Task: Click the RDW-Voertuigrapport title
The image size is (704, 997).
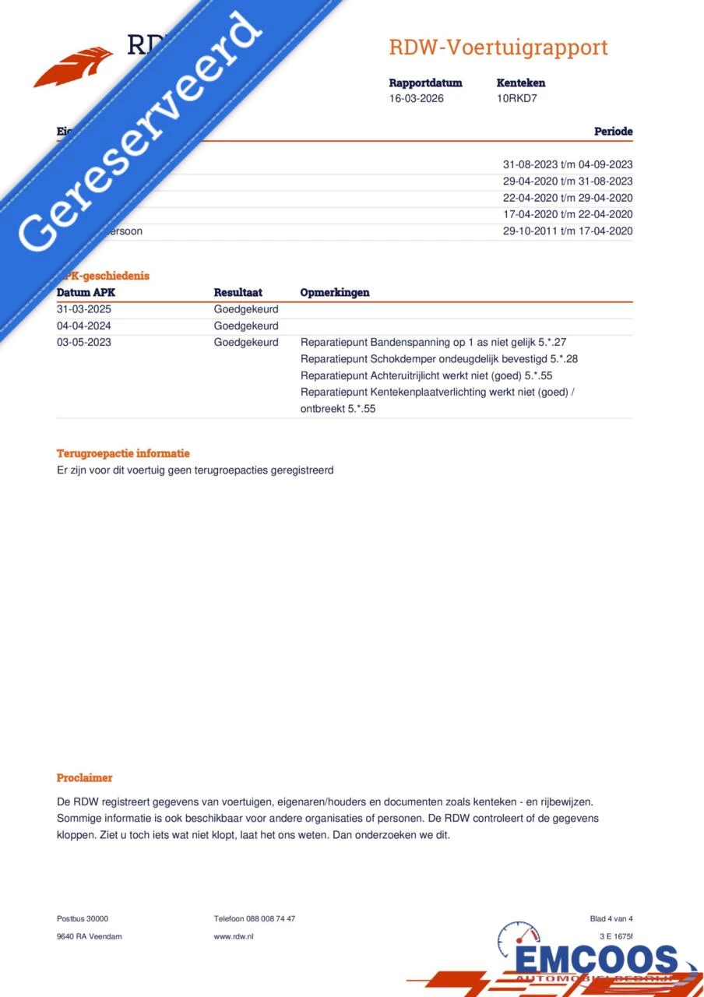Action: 498,48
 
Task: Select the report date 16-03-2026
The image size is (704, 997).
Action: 417,99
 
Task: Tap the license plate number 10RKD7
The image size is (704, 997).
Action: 517,99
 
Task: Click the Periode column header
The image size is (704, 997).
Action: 613,132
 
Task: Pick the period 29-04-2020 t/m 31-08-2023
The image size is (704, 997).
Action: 568,181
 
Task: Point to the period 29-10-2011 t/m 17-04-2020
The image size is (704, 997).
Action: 568,231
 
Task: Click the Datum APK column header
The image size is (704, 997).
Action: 86,293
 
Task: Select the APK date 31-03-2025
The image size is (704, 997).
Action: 84,309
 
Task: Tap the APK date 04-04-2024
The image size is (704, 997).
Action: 84,326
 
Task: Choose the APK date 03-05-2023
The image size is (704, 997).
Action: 84,343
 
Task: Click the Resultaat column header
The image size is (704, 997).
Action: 238,293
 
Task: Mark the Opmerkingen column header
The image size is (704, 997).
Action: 335,293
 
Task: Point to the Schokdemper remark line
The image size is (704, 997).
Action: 439,359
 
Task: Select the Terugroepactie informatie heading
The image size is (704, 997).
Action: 123,453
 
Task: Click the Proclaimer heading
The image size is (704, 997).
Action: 84,778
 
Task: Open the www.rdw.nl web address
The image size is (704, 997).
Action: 234,936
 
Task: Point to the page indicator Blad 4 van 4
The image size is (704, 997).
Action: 611,919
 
